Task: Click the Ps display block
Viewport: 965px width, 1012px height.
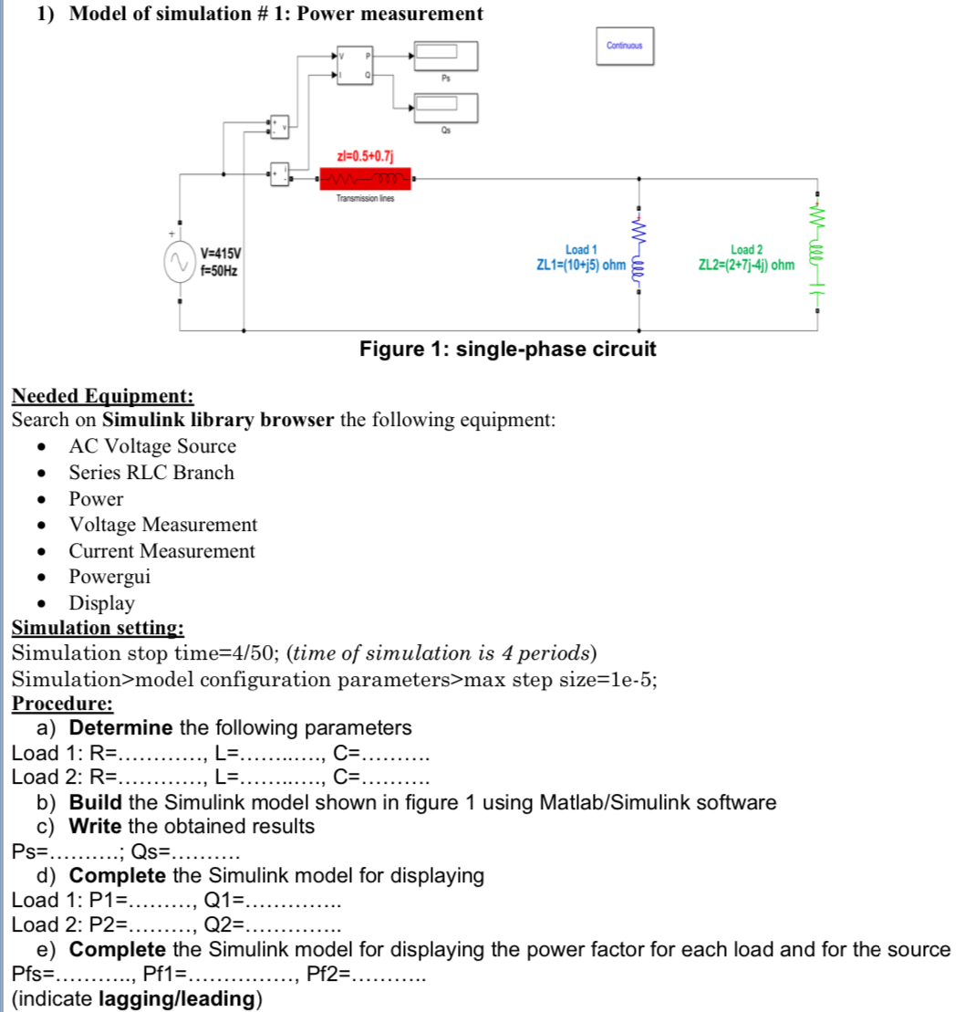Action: point(445,56)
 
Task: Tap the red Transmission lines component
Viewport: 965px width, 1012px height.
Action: point(364,178)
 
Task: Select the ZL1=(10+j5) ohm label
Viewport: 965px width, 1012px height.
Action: point(581,265)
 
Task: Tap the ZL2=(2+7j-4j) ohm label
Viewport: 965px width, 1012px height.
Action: point(745,265)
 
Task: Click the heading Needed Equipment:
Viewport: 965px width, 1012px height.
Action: point(102,396)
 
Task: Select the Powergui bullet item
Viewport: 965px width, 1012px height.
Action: point(109,577)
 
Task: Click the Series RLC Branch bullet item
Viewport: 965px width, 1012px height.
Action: point(151,473)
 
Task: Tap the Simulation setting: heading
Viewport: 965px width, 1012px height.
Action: point(98,628)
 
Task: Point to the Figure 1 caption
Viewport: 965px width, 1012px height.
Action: point(507,350)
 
